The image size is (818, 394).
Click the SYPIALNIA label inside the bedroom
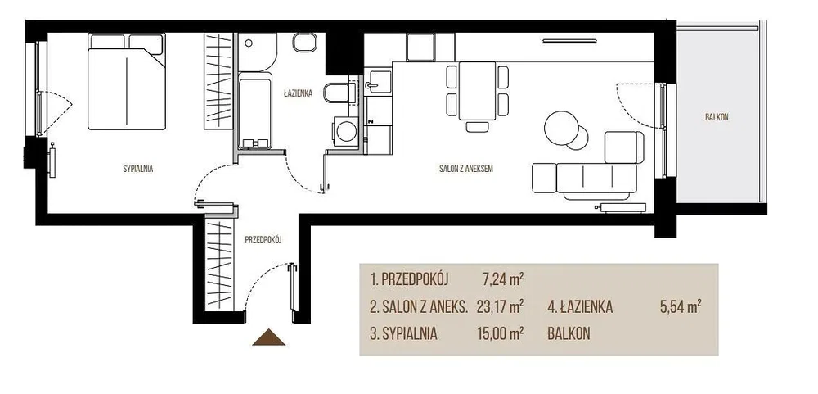point(137,169)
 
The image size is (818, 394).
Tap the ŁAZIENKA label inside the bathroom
point(298,94)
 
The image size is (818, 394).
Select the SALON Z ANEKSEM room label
point(466,169)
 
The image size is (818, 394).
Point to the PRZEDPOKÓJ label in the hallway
point(263,240)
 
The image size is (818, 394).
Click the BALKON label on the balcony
point(717,118)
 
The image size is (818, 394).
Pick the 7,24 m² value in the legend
point(503,279)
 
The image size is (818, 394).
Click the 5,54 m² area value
point(681,306)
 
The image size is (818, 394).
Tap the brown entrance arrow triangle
point(268,337)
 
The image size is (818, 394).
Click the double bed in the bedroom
point(127,82)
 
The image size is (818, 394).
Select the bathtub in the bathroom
point(254,111)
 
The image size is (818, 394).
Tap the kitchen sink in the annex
point(378,83)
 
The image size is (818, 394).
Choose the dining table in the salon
point(477,90)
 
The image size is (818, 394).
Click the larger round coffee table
point(561,127)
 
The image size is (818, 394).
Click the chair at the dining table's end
point(477,126)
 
